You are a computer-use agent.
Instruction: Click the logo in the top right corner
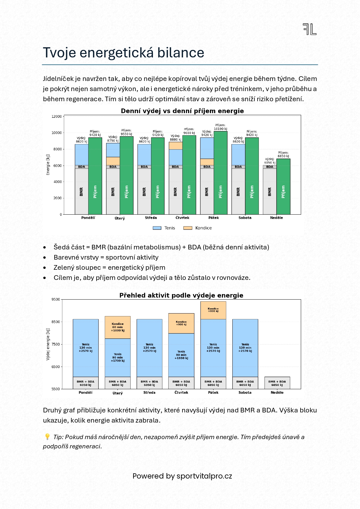click(x=310, y=29)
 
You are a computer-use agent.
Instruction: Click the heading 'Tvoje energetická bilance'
click(x=124, y=53)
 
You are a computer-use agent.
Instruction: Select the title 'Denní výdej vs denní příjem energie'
click(x=182, y=111)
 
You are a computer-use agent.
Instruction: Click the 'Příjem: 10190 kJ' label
click(x=220, y=127)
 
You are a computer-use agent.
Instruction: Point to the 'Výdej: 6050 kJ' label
click(x=270, y=161)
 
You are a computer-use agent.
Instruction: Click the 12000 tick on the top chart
click(x=57, y=117)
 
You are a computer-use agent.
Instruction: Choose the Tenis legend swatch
click(x=157, y=228)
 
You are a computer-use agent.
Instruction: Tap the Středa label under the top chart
click(x=151, y=218)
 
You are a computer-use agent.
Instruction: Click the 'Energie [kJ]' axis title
click(x=48, y=165)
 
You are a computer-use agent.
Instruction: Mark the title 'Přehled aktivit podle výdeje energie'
click(x=181, y=296)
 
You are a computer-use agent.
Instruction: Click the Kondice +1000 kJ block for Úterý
click(x=117, y=327)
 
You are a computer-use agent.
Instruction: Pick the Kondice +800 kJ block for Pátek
click(x=213, y=310)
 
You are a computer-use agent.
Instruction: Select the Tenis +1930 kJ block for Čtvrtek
click(x=181, y=355)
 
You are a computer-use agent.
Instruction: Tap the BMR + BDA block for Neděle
click(x=277, y=383)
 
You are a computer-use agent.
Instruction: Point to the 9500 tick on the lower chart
click(x=55, y=300)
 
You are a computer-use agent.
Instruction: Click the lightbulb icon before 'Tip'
click(x=47, y=437)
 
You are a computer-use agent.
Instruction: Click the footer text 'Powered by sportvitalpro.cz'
click(x=182, y=476)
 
